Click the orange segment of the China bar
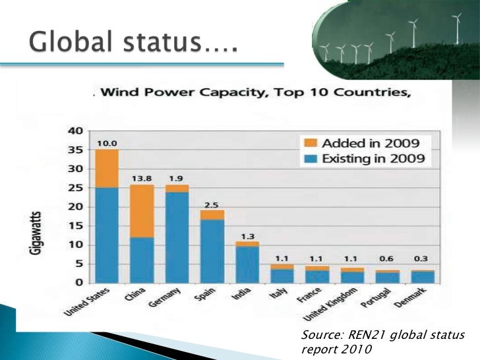coord(142,211)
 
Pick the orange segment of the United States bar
coord(106,169)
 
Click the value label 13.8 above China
coord(142,177)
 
